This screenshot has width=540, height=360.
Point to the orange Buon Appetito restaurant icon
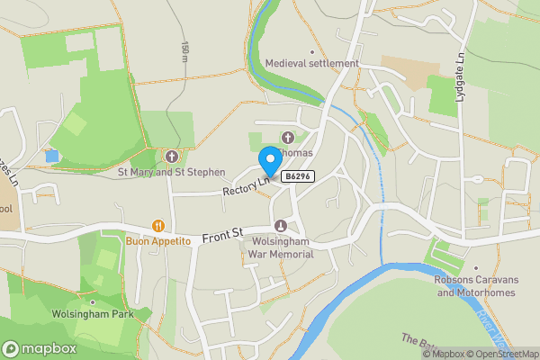[158, 226]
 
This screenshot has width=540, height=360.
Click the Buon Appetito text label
[158, 241]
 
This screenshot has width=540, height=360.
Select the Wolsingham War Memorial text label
[280, 247]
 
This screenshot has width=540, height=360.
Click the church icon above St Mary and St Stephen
[171, 156]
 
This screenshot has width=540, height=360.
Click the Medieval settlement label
[311, 64]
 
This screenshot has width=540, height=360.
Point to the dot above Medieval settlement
[312, 50]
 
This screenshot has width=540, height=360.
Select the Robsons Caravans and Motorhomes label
[475, 285]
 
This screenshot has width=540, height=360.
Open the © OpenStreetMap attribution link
[500, 354]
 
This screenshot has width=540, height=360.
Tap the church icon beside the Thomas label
[288, 138]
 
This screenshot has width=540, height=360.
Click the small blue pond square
[50, 156]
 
